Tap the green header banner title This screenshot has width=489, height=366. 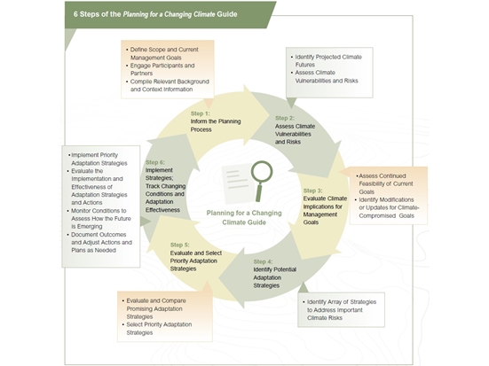click(155, 14)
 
